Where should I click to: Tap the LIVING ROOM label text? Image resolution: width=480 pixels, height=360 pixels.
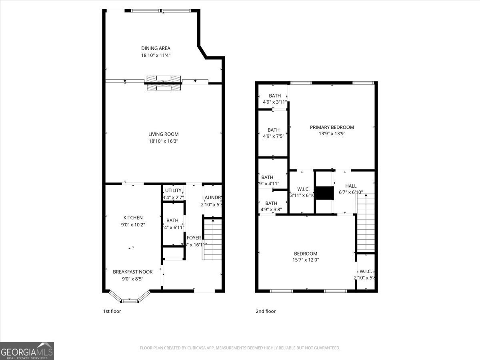(x=163, y=134)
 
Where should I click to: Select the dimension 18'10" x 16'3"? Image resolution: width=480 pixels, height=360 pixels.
(x=163, y=141)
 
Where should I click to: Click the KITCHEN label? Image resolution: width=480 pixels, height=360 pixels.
(x=133, y=218)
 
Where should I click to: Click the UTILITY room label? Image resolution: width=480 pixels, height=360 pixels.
(x=173, y=190)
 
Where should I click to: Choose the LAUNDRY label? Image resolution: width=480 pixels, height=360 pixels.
(x=212, y=198)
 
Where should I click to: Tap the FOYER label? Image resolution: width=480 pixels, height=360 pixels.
(x=194, y=238)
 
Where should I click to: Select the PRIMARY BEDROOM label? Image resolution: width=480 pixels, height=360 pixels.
(x=332, y=127)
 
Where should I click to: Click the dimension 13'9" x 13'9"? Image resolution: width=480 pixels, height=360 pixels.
(x=332, y=134)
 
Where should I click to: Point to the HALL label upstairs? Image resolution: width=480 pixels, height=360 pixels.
(x=351, y=186)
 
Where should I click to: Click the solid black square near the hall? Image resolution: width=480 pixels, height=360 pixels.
(x=324, y=193)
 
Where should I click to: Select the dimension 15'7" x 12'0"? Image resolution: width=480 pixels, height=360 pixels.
(x=306, y=260)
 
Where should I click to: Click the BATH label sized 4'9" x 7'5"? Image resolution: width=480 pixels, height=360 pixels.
(x=274, y=130)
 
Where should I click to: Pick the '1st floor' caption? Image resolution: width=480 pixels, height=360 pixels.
(x=112, y=311)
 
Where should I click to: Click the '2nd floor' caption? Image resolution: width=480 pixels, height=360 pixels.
(x=266, y=311)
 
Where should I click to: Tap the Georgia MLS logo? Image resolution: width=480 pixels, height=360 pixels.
(x=27, y=351)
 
